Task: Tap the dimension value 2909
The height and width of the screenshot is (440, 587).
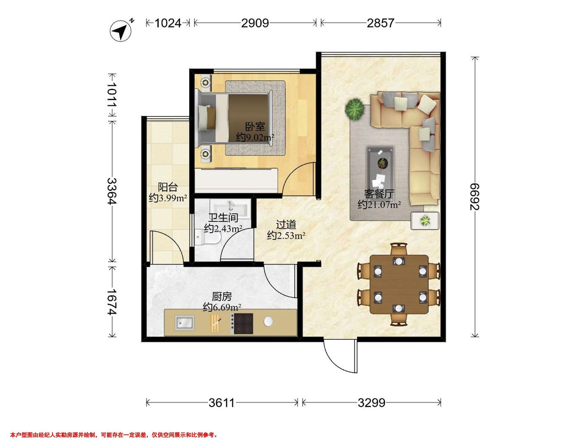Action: (x=255, y=23)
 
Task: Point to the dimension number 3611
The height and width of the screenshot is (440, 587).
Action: (x=222, y=403)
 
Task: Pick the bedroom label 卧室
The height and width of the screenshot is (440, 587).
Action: (x=255, y=127)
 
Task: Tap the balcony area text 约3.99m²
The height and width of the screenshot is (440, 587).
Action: (x=168, y=198)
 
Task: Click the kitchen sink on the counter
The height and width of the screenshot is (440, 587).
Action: (x=184, y=323)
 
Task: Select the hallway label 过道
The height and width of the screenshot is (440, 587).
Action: (x=286, y=225)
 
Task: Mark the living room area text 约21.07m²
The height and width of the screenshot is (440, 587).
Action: (x=379, y=205)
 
